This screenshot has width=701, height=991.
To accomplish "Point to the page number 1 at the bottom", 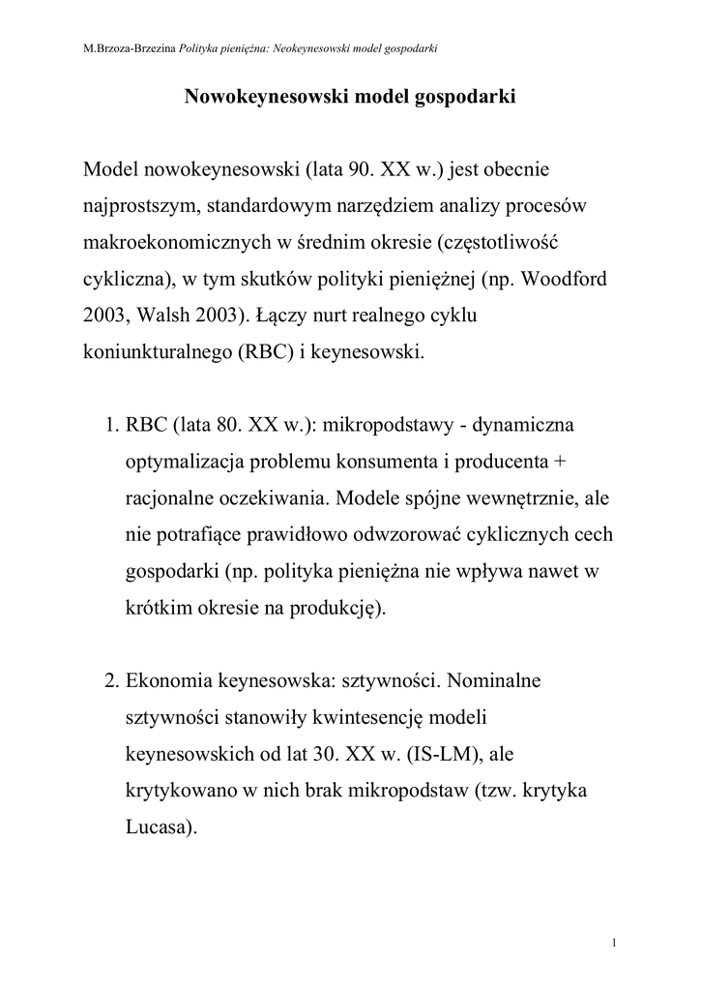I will pos(615,943).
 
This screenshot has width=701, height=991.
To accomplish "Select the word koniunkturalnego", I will pos(153,353).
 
